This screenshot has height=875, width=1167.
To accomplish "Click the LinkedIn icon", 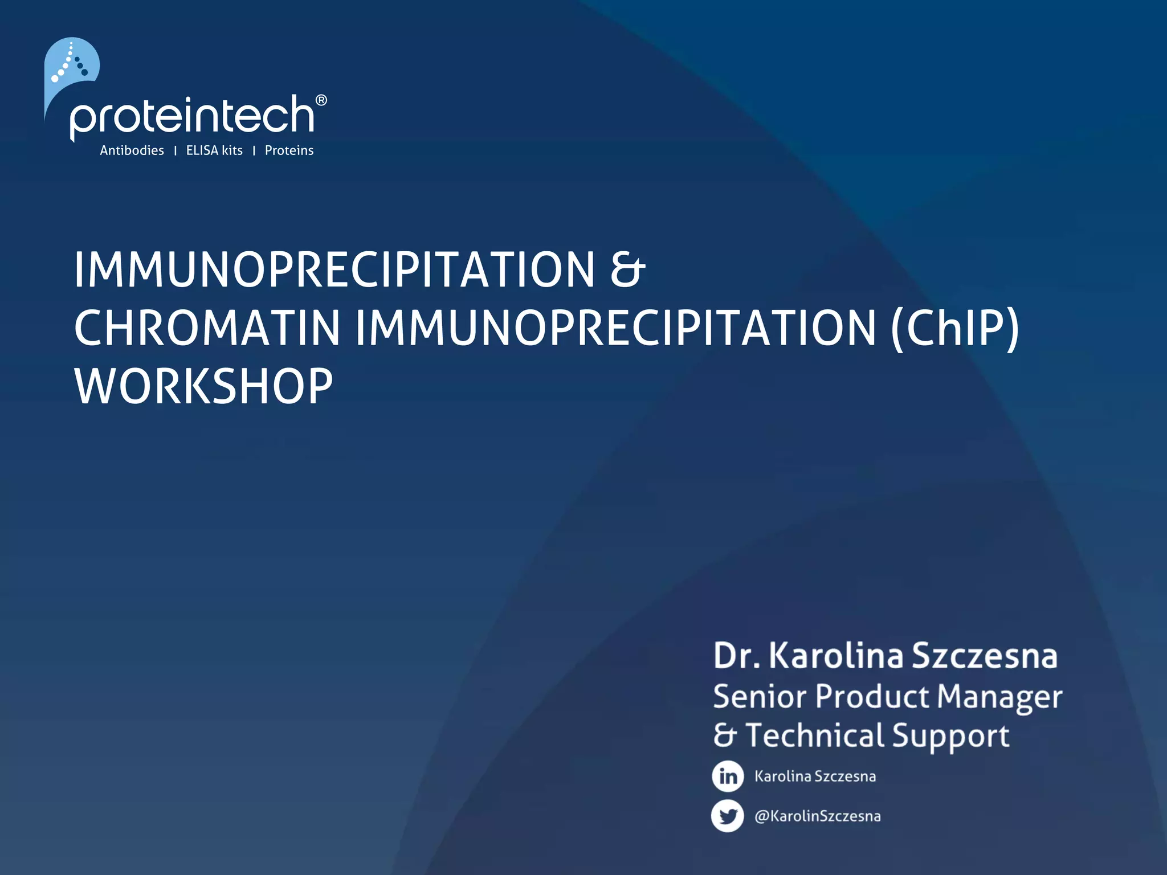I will (x=728, y=776).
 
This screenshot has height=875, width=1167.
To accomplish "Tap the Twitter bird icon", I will (x=728, y=816).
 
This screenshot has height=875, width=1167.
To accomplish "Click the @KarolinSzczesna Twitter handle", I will (x=817, y=816).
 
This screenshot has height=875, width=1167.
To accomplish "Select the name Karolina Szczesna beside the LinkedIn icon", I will (x=815, y=776).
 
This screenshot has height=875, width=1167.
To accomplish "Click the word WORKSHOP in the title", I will (x=203, y=387).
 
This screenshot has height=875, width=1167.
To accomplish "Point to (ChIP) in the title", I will (x=954, y=329).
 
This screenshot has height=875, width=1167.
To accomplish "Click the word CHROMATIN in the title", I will (x=207, y=329).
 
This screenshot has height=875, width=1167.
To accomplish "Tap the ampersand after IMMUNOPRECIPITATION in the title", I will (x=627, y=269).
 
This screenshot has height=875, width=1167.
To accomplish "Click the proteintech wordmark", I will (x=192, y=116).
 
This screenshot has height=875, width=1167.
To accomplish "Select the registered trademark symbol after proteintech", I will (x=321, y=101).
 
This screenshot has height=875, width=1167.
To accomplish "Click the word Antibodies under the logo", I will (x=132, y=150).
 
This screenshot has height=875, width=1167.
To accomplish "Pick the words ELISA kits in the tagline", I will (x=214, y=150).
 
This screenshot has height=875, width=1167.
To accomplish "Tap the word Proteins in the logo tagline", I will (x=289, y=150).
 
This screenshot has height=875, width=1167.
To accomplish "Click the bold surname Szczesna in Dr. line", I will (x=985, y=656).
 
